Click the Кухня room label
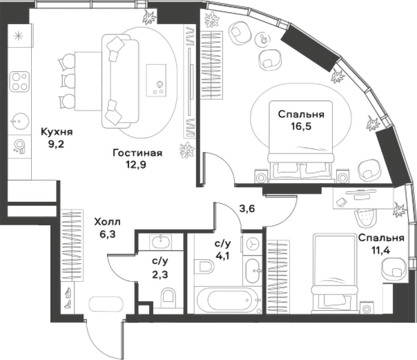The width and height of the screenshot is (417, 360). tap(57, 132)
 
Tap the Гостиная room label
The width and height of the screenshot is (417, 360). tap(137, 153)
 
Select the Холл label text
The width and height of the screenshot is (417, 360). tap(108, 222)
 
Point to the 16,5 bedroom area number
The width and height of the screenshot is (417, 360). tap(301, 126)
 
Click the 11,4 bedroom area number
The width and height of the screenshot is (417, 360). tap(381, 250)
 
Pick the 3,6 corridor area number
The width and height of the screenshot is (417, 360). tap(247, 209)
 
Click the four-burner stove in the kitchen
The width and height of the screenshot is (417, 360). tap(19, 82)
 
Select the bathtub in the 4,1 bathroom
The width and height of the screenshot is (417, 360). tap(226, 300)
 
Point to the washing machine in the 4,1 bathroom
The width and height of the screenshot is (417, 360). tap(253, 243)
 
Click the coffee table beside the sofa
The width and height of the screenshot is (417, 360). tap(156, 80)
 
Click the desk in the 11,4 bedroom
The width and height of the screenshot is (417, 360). tap(363, 198)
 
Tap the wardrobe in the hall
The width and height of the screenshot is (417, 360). tap(72, 245)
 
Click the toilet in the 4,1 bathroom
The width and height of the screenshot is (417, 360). tap(204, 267)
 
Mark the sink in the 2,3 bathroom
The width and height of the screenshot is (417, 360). tap(161, 242)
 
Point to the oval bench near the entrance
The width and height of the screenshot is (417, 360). tap(106, 304)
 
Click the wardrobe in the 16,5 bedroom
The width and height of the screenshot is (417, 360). tap(211, 66)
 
